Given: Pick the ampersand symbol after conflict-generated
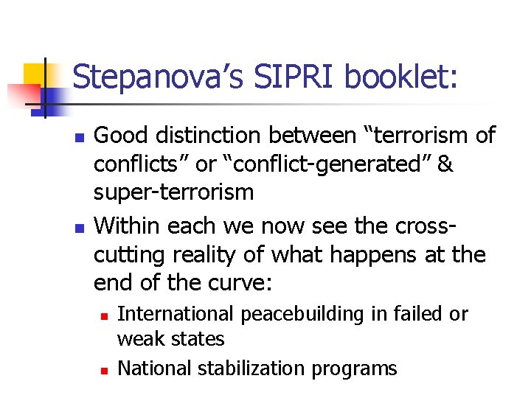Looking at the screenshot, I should point(445,164).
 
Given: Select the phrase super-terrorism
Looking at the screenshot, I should point(173,193).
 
